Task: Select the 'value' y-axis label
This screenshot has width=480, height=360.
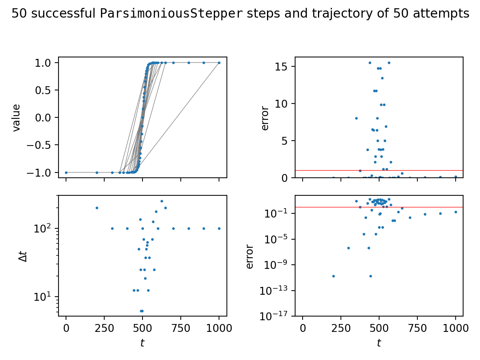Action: pyautogui.click(x=16, y=118)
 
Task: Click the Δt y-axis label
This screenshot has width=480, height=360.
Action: pyautogui.click(x=23, y=256)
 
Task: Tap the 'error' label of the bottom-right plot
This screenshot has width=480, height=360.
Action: pyautogui.click(x=250, y=257)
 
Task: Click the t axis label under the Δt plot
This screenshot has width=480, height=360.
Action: pyautogui.click(x=142, y=343)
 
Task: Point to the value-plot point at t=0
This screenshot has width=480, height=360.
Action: pyautogui.click(x=66, y=172)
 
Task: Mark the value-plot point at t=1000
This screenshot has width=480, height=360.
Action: pyautogui.click(x=219, y=63)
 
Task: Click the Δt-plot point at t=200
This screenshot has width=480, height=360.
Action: pyautogui.click(x=97, y=208)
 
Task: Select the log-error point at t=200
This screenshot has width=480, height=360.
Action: pyautogui.click(x=333, y=276)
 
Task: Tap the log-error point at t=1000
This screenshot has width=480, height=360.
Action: pyautogui.click(x=456, y=212)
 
